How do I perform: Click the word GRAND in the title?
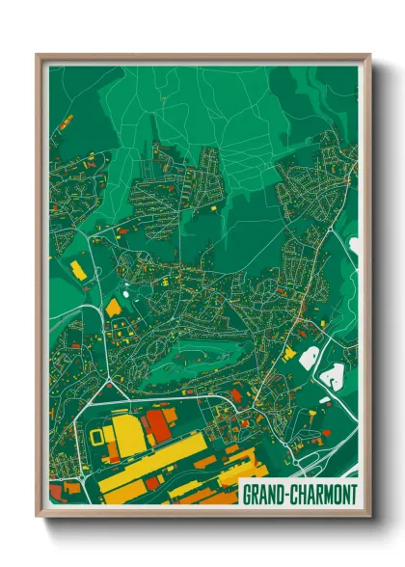pyautogui.click(x=261, y=495)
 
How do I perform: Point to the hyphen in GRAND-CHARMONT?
pyautogui.click(x=283, y=495)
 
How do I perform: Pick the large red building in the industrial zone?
pyautogui.click(x=158, y=425)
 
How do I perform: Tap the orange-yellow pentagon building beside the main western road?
pyautogui.click(x=113, y=308)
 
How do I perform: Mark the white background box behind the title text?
pyautogui.click(x=298, y=495)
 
